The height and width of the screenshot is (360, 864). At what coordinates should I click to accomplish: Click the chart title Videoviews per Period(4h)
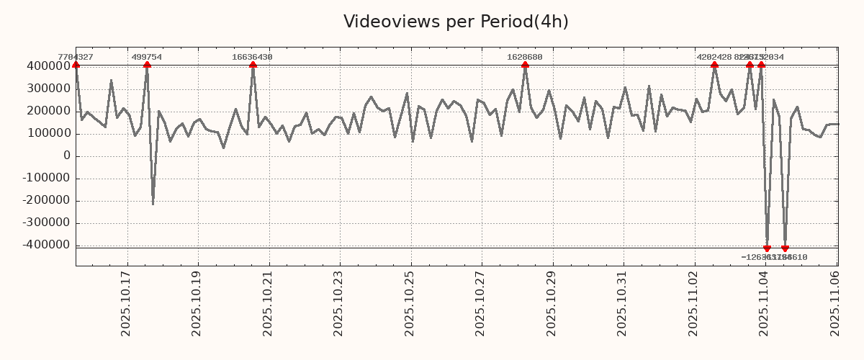[456, 22]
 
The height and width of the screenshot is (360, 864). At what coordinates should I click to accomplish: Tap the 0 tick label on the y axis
[67, 156]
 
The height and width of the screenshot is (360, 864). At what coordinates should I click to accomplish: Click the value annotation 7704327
[76, 57]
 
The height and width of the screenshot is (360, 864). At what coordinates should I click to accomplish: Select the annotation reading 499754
[147, 57]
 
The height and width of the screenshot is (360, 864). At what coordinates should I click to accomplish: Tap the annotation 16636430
[252, 57]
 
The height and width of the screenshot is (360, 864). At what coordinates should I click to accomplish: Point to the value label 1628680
[525, 57]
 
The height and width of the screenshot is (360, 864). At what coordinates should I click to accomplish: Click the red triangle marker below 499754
[147, 65]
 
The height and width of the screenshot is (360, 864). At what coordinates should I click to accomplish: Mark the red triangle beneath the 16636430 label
[253, 65]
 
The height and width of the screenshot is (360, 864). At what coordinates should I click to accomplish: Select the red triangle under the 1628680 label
[525, 65]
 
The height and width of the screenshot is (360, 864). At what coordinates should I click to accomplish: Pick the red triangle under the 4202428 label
[714, 65]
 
